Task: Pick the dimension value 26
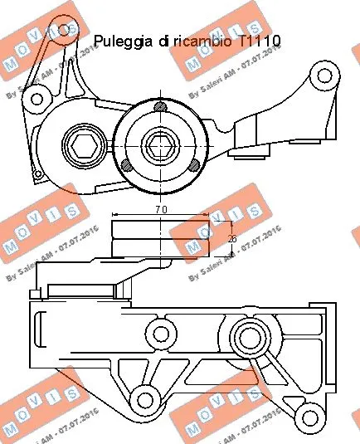click(x=231, y=240)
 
